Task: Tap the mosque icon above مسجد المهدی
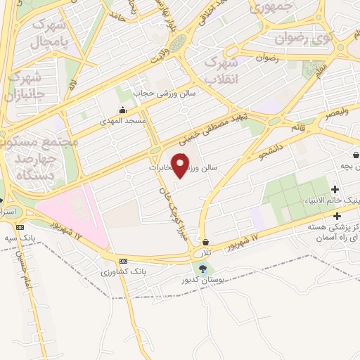[x=124, y=110]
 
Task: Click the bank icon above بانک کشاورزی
[x=123, y=259]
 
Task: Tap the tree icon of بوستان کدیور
[x=203, y=269]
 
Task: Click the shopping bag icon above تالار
[x=205, y=241]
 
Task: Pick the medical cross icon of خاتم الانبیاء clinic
[x=334, y=188]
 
